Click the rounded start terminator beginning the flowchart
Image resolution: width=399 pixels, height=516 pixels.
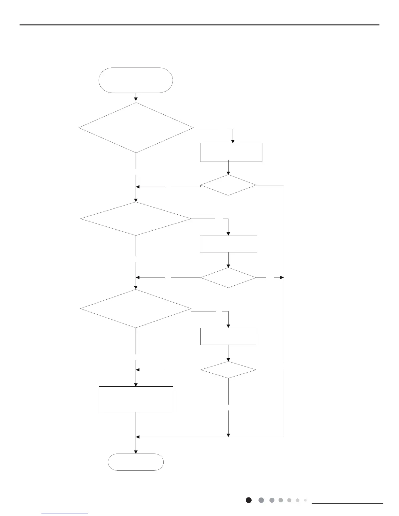click(136, 80)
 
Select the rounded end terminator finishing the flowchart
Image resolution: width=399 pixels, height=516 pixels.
click(136, 462)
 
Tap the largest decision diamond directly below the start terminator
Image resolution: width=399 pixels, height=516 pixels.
click(136, 128)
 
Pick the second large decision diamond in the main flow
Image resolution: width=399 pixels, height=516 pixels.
click(136, 219)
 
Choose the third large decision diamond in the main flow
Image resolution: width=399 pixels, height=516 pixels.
click(136, 308)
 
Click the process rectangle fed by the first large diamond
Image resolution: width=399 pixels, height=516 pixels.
click(231, 152)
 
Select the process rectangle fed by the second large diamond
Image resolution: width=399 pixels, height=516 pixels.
click(228, 244)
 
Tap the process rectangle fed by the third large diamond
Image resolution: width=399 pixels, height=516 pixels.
click(228, 336)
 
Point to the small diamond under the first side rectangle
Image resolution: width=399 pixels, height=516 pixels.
click(228, 185)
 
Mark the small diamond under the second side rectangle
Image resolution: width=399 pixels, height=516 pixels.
click(228, 278)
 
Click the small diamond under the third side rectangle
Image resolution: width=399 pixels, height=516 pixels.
click(228, 370)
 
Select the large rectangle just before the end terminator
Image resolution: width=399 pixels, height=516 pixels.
click(136, 399)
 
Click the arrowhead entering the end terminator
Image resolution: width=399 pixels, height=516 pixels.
click(136, 451)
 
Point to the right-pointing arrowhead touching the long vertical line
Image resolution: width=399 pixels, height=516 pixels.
click(282, 278)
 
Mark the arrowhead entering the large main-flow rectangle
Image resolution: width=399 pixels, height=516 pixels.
click(136, 384)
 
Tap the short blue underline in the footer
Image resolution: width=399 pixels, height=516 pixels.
click(65, 513)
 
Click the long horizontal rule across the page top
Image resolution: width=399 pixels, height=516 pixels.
click(199, 25)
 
